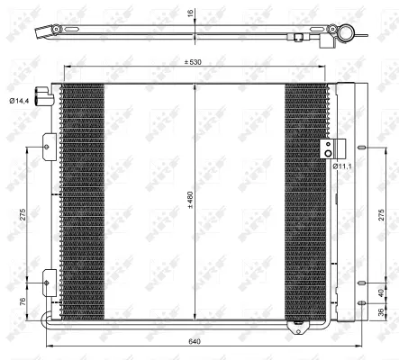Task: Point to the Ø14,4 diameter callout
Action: click(x=18, y=101)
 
